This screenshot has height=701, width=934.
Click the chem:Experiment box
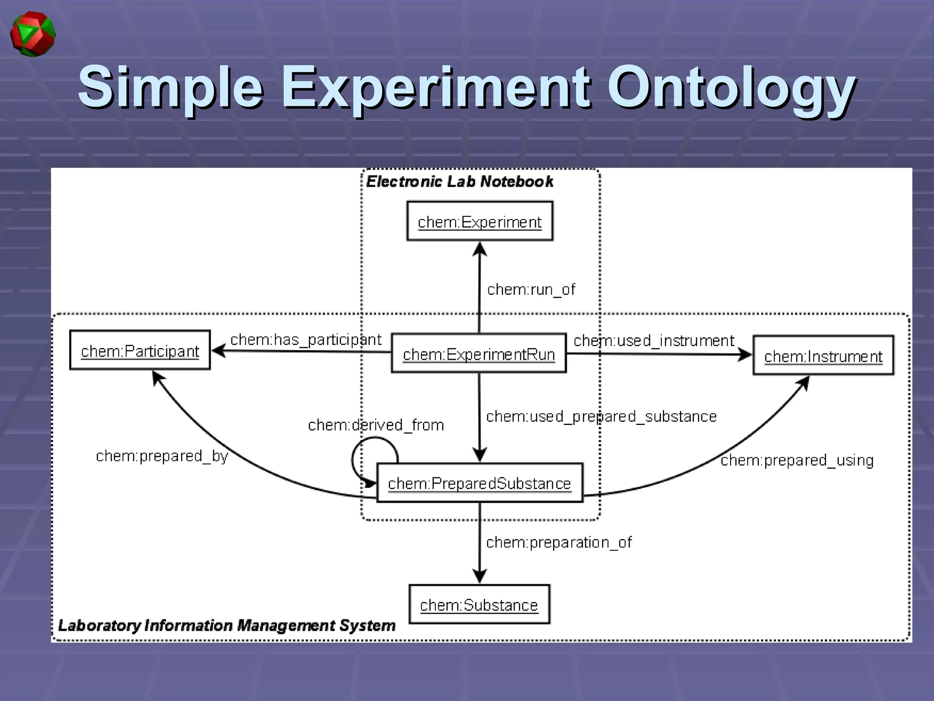(x=480, y=221)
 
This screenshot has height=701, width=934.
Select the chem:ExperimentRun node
(x=479, y=353)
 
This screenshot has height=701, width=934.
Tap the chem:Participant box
(x=140, y=350)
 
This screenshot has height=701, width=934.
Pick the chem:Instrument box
(x=823, y=356)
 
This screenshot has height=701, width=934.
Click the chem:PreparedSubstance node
(x=479, y=483)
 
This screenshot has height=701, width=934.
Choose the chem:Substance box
(x=479, y=604)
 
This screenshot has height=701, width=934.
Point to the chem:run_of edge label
(x=531, y=289)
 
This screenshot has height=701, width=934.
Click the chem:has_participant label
(x=306, y=340)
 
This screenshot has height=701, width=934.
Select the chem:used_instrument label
(x=654, y=340)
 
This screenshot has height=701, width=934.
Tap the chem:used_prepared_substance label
(x=601, y=416)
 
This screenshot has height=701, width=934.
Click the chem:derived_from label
(x=376, y=425)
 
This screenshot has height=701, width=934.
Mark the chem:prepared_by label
(x=162, y=456)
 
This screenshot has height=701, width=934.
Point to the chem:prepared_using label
(x=797, y=460)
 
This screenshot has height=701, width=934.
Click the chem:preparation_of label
(x=559, y=542)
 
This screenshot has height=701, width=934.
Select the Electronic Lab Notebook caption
(x=460, y=182)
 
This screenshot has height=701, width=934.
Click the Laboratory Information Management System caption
(x=227, y=625)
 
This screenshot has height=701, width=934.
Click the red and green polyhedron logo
(x=33, y=35)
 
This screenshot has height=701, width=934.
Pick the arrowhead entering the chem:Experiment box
(x=479, y=249)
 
